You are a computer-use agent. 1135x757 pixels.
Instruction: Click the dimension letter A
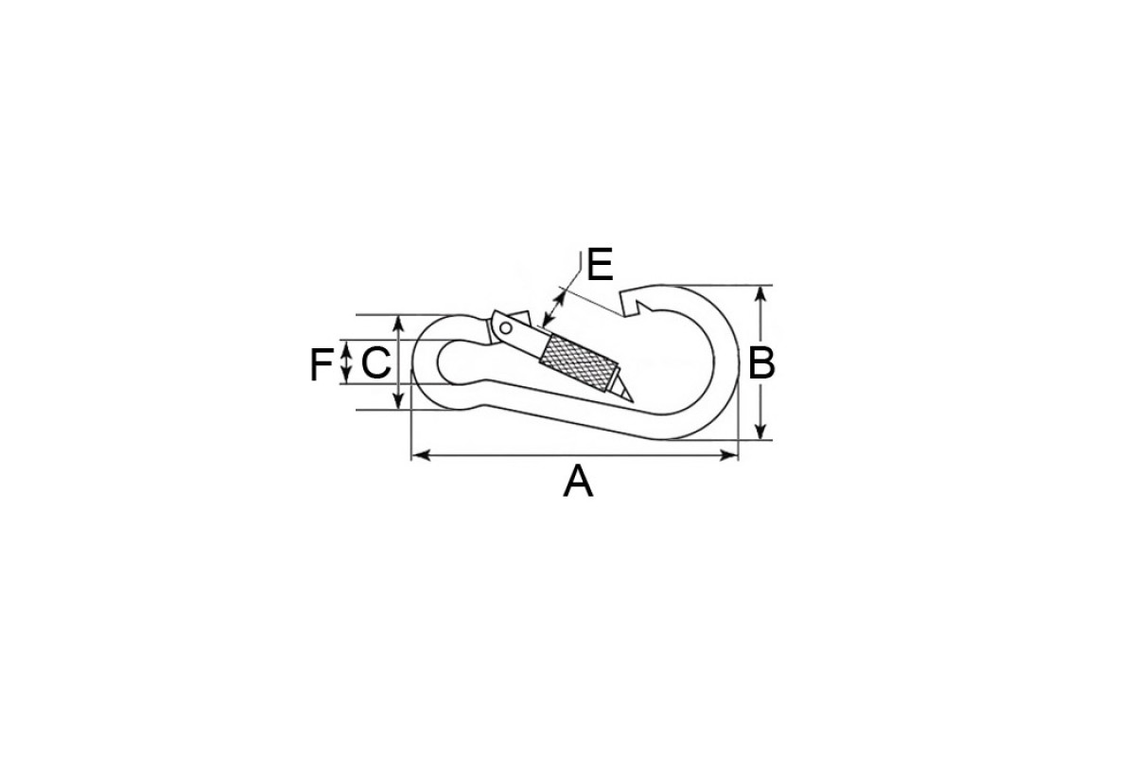(578, 483)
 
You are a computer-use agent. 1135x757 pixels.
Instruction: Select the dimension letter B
(761, 363)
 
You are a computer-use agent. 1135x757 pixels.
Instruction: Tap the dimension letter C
(376, 363)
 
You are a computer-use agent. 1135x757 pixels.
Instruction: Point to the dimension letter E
(600, 264)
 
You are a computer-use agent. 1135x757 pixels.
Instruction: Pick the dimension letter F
(322, 364)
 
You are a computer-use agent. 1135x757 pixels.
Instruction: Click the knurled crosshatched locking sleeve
(579, 363)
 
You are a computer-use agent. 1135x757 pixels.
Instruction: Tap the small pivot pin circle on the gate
(506, 328)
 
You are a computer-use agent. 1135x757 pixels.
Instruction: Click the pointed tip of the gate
(633, 401)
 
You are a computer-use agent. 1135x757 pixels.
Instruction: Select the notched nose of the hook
(633, 303)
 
